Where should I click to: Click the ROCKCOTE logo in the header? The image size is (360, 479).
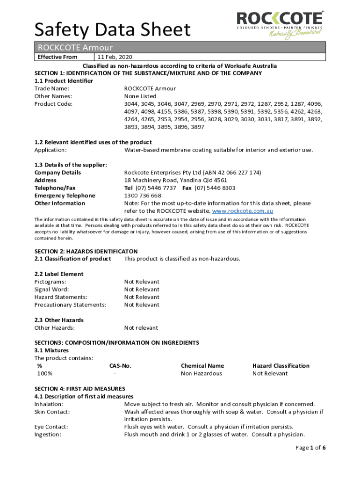(x=280, y=24)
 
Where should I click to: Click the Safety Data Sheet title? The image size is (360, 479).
(x=113, y=30)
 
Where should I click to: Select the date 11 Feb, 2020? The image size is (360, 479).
(x=109, y=57)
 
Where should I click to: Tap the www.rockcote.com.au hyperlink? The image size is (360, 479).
(x=243, y=211)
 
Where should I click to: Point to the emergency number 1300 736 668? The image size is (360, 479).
(x=143, y=196)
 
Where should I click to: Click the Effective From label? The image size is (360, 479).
(x=58, y=57)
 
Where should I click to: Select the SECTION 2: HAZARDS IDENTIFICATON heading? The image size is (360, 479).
(x=86, y=251)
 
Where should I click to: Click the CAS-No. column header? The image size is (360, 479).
(x=120, y=366)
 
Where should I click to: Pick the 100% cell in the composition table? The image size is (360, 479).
(x=45, y=373)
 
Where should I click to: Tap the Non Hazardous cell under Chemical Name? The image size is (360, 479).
(x=202, y=373)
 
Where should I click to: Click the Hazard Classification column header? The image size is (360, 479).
(x=281, y=366)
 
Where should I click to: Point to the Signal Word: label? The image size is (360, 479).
(x=50, y=290)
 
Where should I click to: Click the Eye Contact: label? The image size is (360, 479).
(x=51, y=427)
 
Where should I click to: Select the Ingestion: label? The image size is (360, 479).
(x=48, y=435)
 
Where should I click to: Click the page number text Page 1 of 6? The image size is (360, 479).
(x=310, y=448)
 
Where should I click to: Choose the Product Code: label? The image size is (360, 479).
(x=53, y=104)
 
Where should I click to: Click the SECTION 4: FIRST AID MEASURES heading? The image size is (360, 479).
(x=80, y=389)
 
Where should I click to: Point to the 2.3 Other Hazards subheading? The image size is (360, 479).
(x=59, y=320)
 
